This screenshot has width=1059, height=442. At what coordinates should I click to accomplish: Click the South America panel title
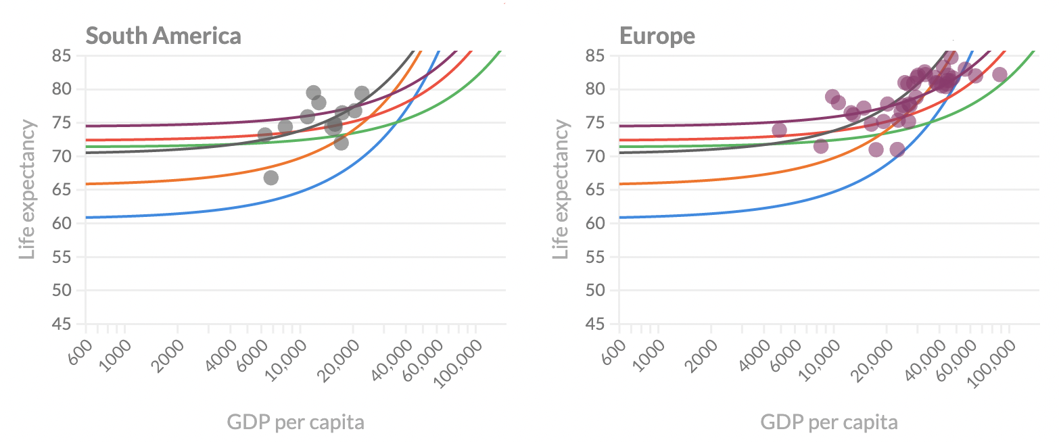(x=163, y=36)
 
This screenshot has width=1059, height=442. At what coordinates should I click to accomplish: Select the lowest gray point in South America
(x=270, y=178)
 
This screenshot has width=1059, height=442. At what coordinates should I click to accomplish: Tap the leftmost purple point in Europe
(x=779, y=130)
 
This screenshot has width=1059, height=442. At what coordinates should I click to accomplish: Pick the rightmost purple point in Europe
(x=999, y=74)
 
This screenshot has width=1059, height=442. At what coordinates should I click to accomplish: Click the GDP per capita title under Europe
(x=829, y=423)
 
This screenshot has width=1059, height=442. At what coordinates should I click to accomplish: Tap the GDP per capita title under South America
(x=296, y=423)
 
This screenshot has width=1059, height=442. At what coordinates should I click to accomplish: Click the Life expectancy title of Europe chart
(x=561, y=190)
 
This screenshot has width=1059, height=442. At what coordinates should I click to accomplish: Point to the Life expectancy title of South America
(x=26, y=190)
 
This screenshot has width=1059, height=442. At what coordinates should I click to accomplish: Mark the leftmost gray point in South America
(x=265, y=135)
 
